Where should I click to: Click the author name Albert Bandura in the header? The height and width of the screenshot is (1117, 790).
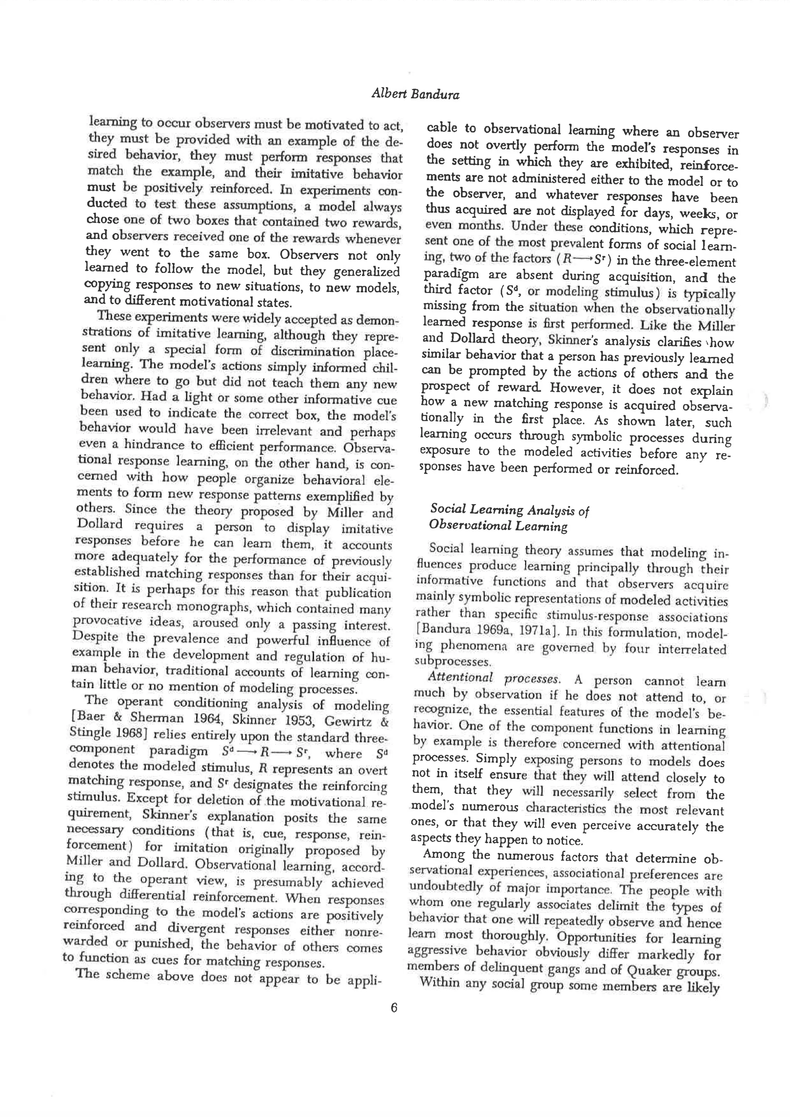(x=415, y=94)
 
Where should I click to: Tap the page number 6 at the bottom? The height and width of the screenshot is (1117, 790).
(x=394, y=1007)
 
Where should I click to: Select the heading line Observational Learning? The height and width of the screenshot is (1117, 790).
(x=498, y=525)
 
